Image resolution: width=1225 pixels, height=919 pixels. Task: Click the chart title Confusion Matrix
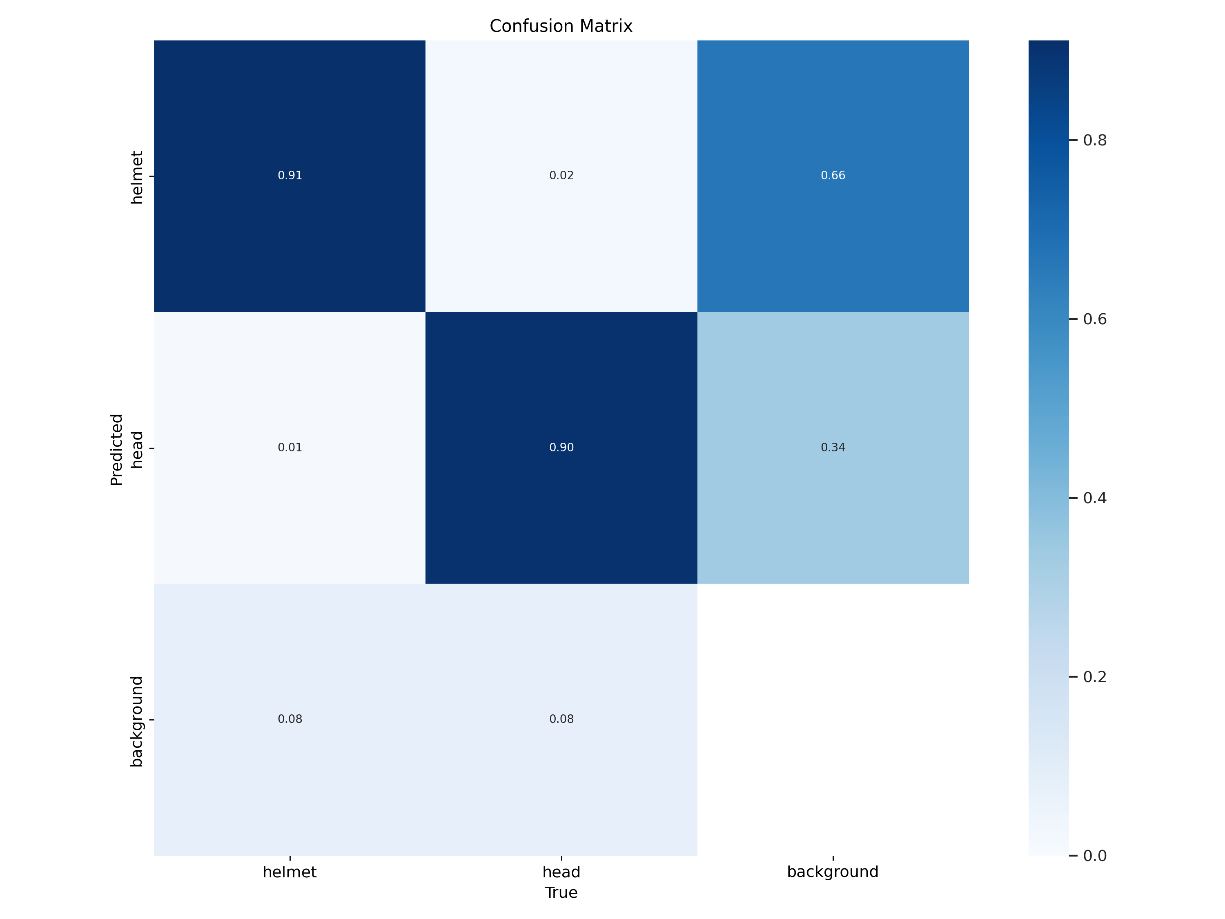(561, 26)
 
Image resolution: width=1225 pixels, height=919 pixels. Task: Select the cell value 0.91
(290, 176)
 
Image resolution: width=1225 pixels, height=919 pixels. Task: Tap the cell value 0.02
(561, 176)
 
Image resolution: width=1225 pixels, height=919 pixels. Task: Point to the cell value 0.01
(290, 448)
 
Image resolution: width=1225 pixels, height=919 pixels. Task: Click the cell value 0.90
(561, 448)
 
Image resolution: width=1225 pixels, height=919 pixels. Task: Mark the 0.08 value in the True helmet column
(290, 719)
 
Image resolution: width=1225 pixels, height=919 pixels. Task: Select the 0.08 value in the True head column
(561, 719)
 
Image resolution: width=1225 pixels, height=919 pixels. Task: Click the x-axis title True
(561, 893)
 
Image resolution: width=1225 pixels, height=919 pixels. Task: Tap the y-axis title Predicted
(116, 449)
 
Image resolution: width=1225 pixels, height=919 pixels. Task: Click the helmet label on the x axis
(289, 872)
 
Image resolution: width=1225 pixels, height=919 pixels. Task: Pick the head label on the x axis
(561, 872)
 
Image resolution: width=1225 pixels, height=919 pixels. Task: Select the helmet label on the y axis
(136, 177)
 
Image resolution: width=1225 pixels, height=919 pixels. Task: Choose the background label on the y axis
(136, 721)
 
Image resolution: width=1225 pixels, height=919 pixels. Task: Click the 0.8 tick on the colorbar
(1094, 140)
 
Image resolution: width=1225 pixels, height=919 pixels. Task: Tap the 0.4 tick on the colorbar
(1094, 498)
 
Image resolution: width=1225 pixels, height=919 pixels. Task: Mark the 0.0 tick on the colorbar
(1094, 856)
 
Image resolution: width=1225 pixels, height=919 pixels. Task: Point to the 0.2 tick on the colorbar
(1094, 677)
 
